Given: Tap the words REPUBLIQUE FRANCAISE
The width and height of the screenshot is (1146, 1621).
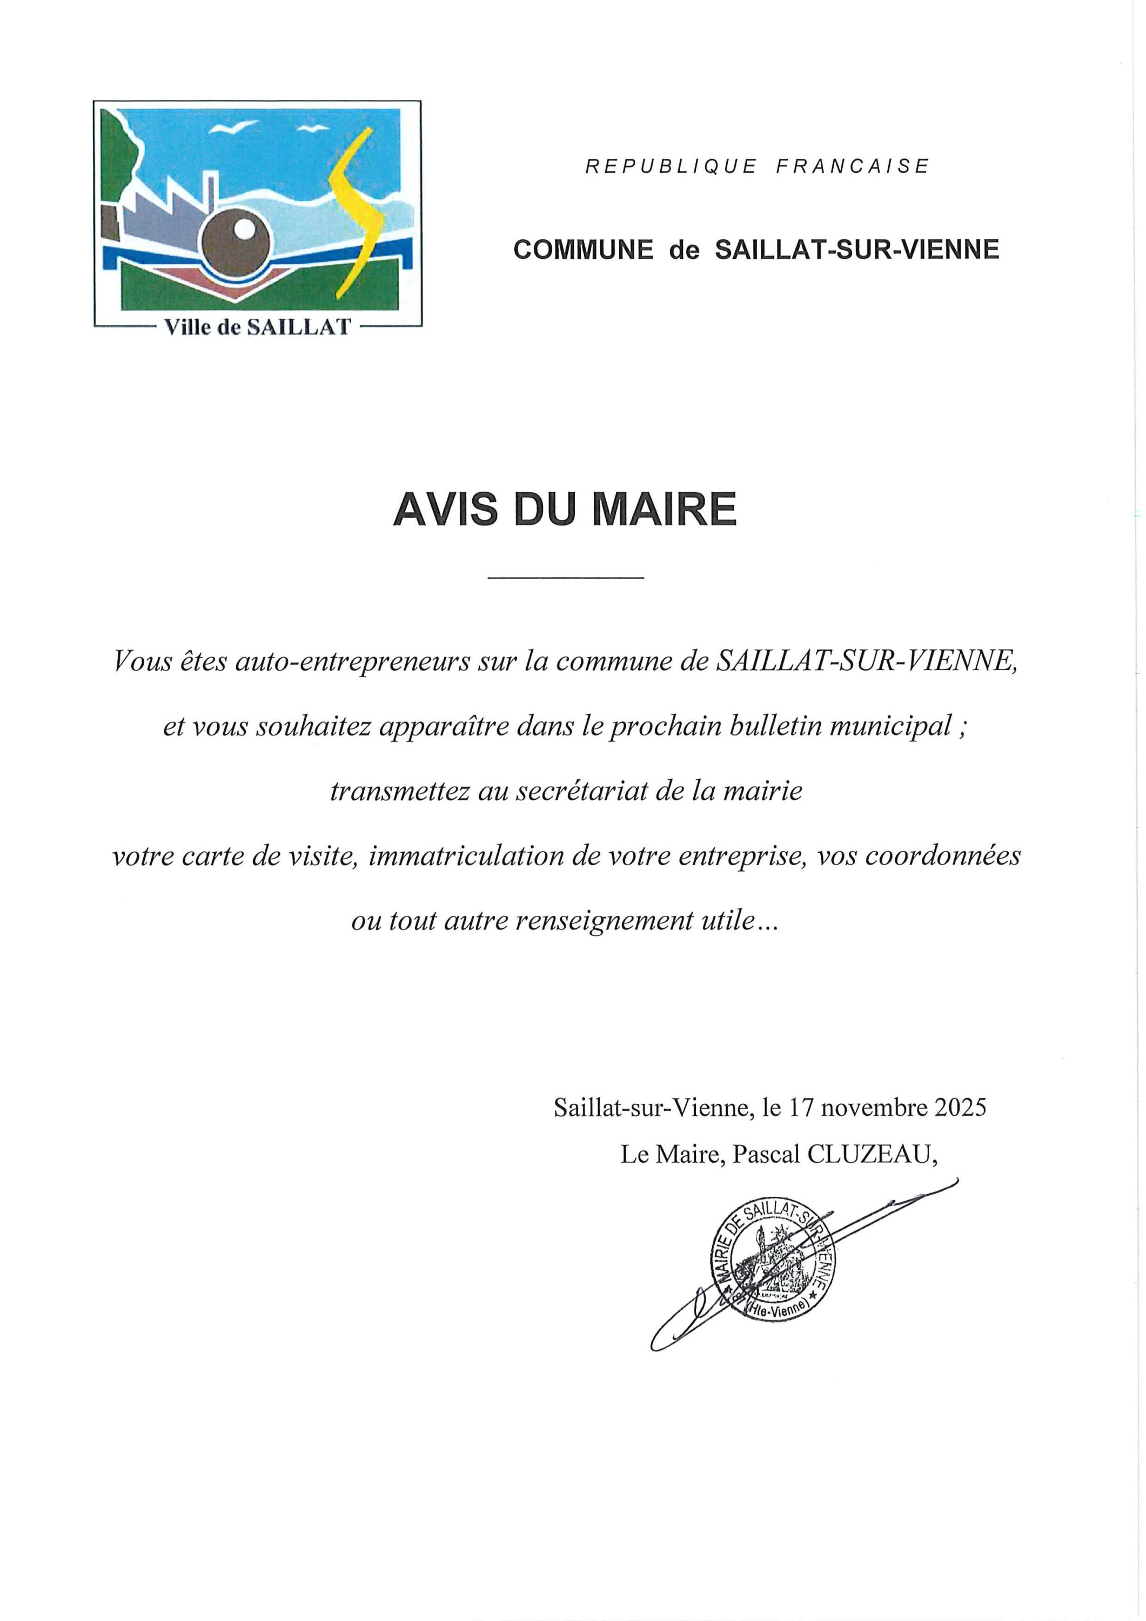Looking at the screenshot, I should (756, 166).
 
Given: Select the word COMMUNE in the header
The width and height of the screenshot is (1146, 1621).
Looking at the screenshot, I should (583, 250).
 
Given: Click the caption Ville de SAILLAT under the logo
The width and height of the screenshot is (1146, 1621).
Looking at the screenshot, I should (257, 327).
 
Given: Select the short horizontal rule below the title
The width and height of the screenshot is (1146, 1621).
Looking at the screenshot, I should (566, 579).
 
